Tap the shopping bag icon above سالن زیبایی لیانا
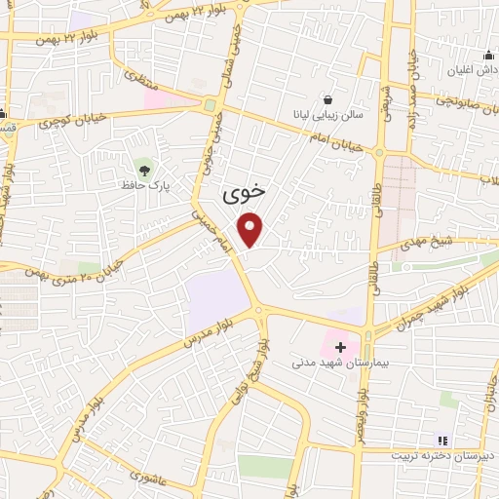click(x=326, y=99)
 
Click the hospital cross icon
click(x=340, y=347)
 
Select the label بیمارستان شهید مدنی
click(x=340, y=363)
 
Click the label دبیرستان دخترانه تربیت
click(x=437, y=455)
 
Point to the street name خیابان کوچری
click(x=70, y=123)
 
